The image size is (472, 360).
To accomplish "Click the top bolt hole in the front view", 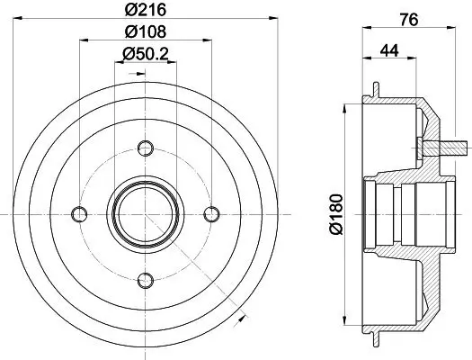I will tap(146, 146).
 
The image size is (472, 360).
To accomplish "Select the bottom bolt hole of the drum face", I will tap(146, 280).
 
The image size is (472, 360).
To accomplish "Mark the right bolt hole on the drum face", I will tap(212, 213).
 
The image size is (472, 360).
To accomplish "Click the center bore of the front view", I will tap(146, 213).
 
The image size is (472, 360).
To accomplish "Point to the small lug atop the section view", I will tap(372, 89).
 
